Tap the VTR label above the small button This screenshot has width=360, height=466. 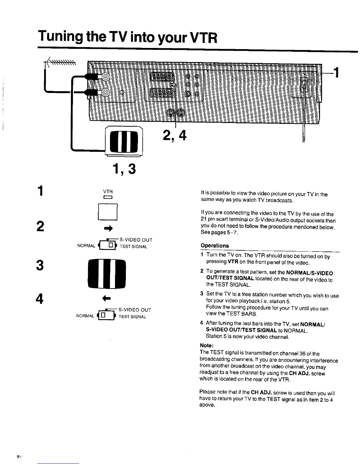[x=108, y=192]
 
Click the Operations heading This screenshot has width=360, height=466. [x=215, y=246]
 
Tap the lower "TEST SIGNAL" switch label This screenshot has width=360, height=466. [x=132, y=317]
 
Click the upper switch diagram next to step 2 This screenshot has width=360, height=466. [x=108, y=245]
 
